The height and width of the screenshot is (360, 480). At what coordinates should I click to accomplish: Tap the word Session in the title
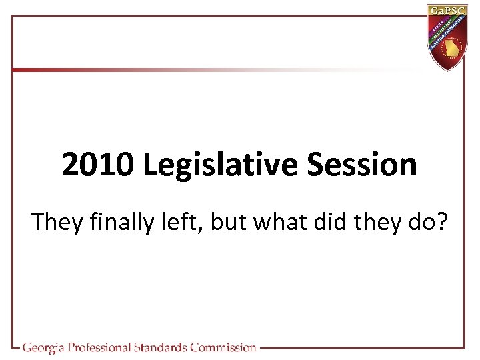point(363,165)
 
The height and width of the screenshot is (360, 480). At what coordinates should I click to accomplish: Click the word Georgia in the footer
point(47,347)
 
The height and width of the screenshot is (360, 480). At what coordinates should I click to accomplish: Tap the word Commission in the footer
point(223,347)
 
